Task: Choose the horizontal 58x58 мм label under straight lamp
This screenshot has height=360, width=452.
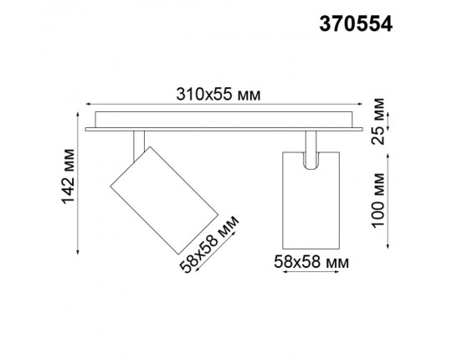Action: [311, 261]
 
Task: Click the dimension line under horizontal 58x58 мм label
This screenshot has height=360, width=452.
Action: [311, 274]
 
